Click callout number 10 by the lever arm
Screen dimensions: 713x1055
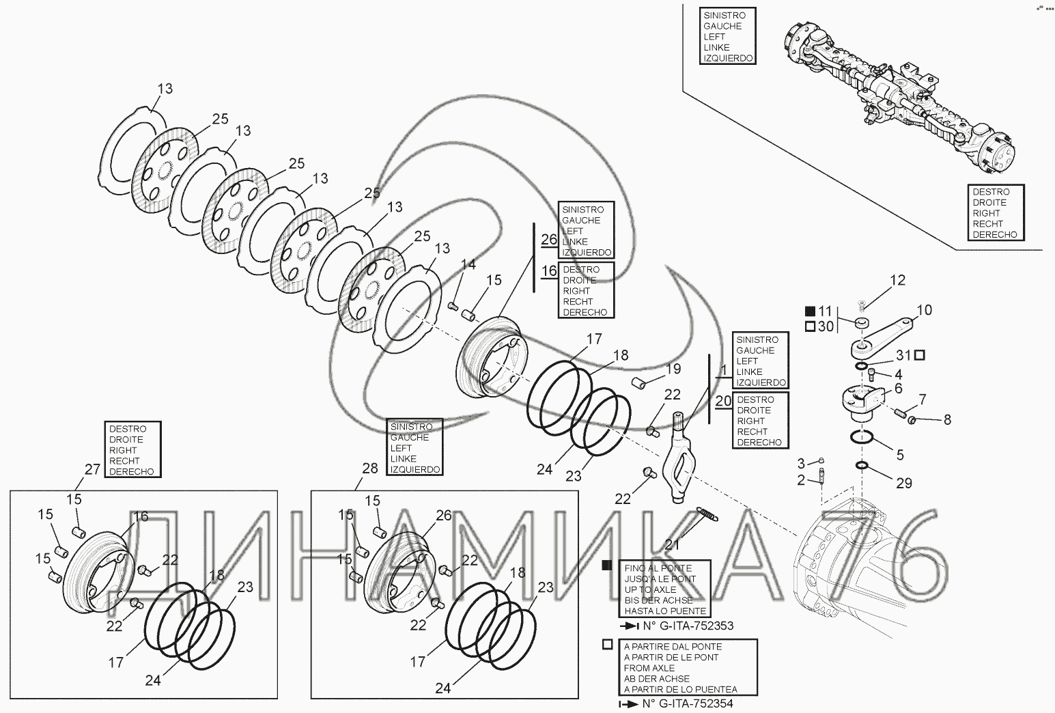click(924, 311)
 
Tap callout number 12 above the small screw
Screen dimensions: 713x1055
click(897, 280)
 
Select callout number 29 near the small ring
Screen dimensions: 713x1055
click(904, 484)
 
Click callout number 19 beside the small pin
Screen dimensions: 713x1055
click(673, 369)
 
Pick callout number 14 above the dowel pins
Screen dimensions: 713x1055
click(468, 265)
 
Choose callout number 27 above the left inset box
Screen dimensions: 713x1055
click(92, 469)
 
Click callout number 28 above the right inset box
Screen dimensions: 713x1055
click(369, 469)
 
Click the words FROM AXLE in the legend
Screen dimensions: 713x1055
click(649, 668)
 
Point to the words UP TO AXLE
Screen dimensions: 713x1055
click(650, 589)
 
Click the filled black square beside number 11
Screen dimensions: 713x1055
click(809, 311)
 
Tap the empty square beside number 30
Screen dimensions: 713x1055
click(809, 327)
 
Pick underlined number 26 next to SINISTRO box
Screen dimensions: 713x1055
click(549, 239)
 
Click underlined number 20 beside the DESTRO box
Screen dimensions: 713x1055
click(724, 401)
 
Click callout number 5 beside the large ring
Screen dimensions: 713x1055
click(900, 455)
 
